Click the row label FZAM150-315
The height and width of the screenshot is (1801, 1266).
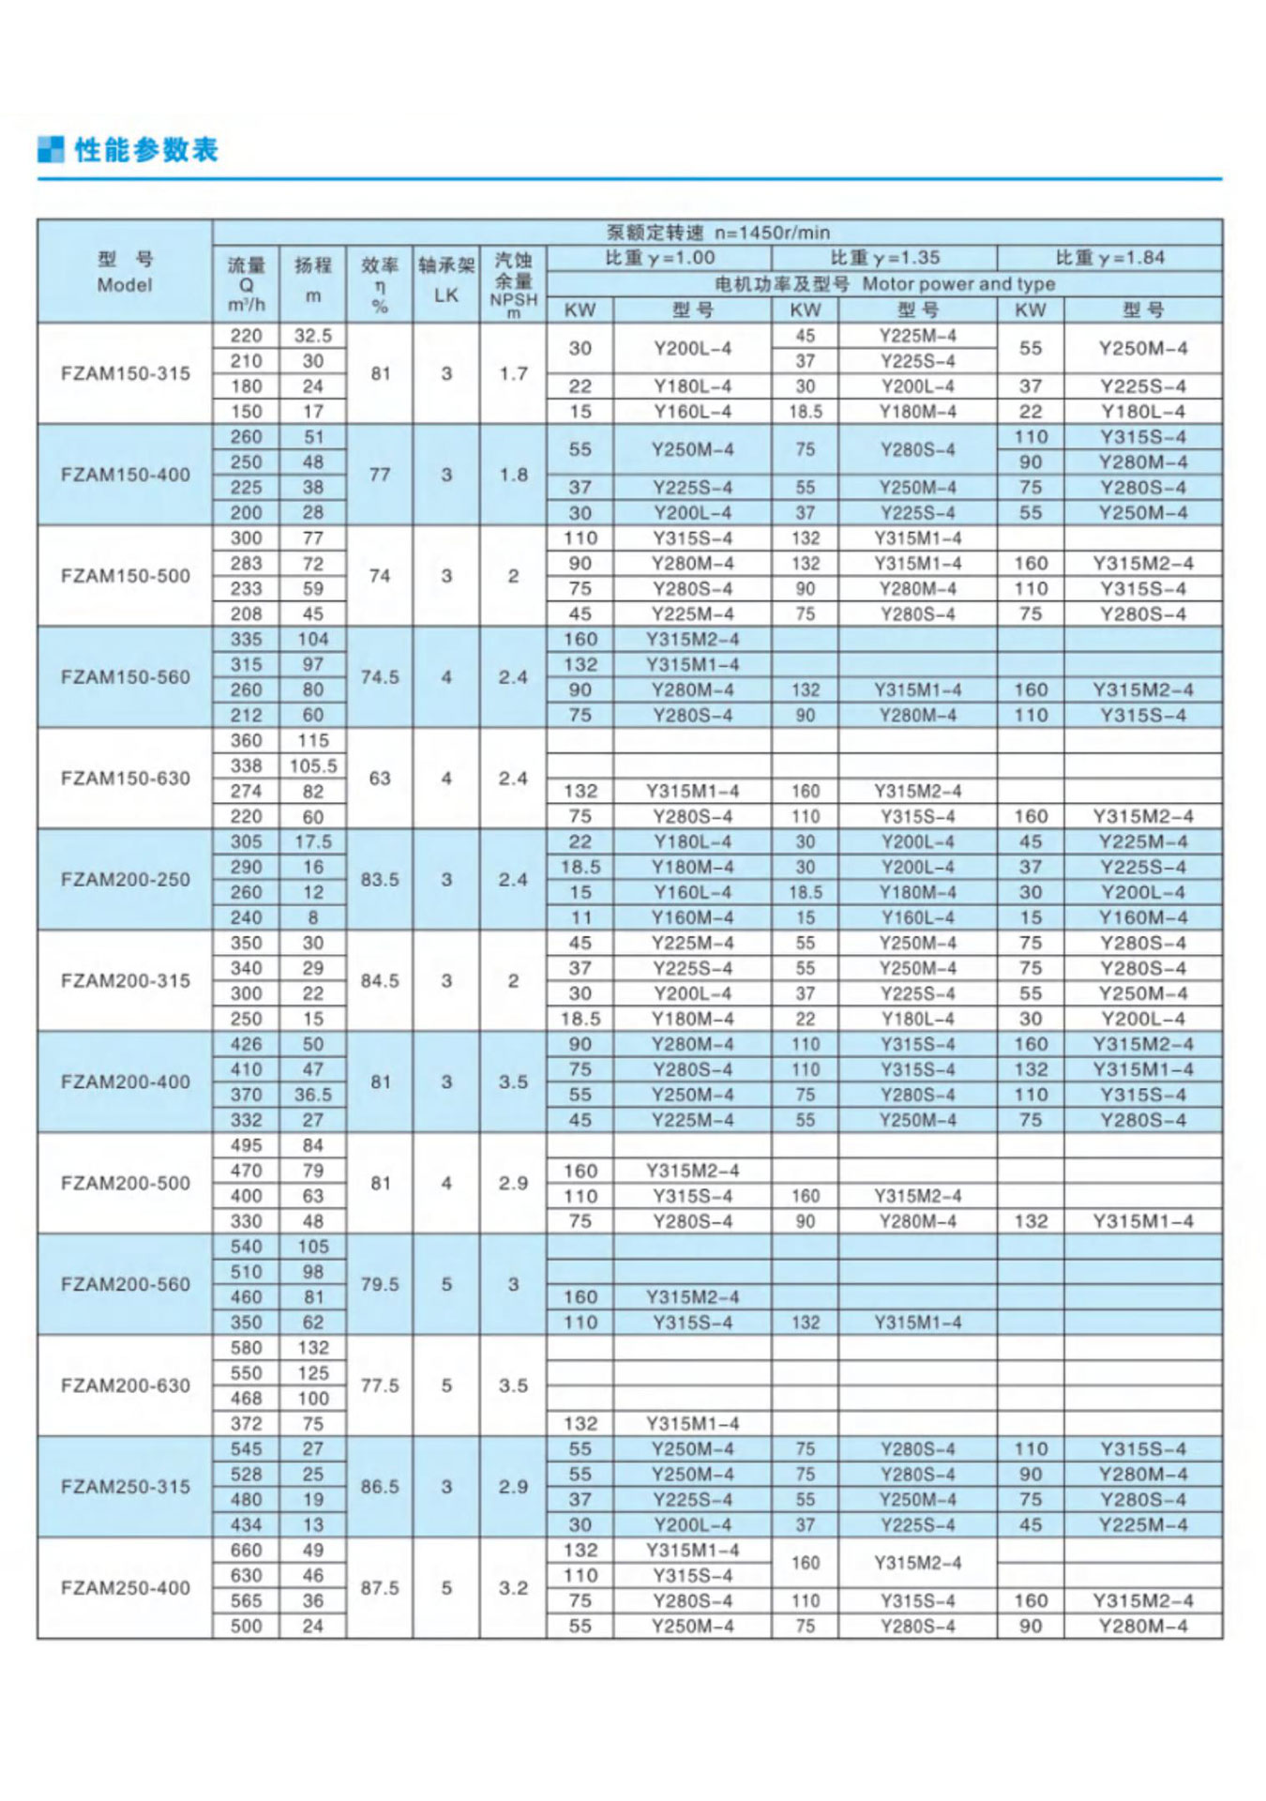point(125,373)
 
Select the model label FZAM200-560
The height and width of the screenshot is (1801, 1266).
point(125,1284)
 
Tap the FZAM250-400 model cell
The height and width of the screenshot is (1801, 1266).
point(125,1588)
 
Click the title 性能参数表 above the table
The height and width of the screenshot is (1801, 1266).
point(146,150)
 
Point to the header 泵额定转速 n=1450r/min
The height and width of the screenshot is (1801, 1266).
point(717,233)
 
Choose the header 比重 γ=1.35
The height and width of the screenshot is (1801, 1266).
point(884,258)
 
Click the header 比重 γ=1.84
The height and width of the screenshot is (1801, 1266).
point(1109,258)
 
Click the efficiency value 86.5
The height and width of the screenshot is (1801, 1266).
point(380,1487)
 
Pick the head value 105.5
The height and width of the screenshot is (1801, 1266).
point(313,766)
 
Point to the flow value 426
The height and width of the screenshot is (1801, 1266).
point(247,1044)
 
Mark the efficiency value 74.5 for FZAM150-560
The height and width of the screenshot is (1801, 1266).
point(380,677)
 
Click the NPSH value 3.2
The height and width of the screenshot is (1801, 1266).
point(513,1588)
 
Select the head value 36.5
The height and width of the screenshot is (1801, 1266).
point(313,1095)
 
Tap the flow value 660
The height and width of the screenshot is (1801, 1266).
point(247,1551)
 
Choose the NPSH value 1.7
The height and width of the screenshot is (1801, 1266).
point(513,373)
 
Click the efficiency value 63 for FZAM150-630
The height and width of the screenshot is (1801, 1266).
point(380,779)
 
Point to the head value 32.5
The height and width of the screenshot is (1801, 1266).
point(313,336)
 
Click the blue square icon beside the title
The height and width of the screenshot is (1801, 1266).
point(51,149)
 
